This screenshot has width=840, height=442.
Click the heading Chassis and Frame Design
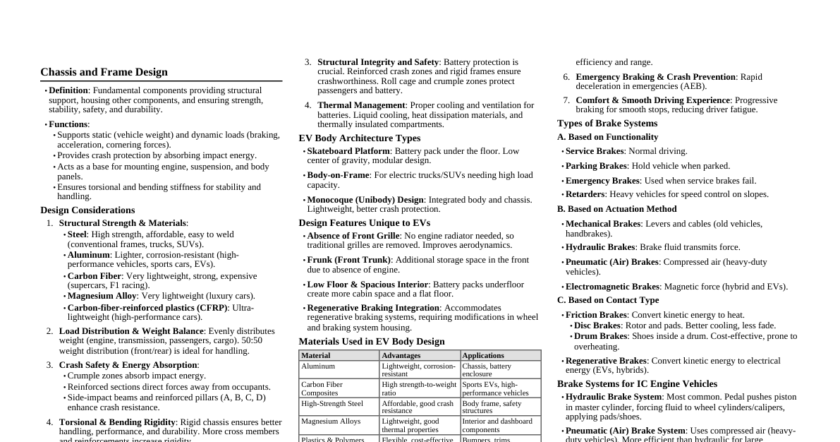pyautogui.click(x=104, y=72)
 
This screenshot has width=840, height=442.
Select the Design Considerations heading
pyautogui.click(x=87, y=210)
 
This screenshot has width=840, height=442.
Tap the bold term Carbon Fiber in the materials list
pyautogui.click(x=95, y=276)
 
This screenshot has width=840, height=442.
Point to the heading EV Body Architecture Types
pyautogui.click(x=359, y=138)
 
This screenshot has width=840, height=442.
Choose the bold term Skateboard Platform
pyautogui.click(x=348, y=151)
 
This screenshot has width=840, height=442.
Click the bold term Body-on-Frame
pyautogui.click(x=338, y=175)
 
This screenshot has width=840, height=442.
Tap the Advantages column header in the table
pyautogui.click(x=401, y=356)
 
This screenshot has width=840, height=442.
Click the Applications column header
pyautogui.click(x=483, y=356)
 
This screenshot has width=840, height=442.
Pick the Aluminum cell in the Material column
pyautogui.click(x=318, y=366)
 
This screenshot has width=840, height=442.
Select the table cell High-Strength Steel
pyautogui.click(x=332, y=404)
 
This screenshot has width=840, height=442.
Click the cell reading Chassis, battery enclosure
pyautogui.click(x=487, y=370)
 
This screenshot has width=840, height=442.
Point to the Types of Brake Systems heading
pyautogui.click(x=607, y=124)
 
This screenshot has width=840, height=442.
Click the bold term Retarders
pyautogui.click(x=585, y=194)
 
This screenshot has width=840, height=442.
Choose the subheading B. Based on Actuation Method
pyautogui.click(x=616, y=209)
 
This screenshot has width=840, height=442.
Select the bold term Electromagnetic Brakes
pyautogui.click(x=612, y=287)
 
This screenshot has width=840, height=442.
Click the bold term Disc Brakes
pyautogui.click(x=597, y=325)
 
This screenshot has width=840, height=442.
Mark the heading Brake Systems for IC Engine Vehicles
pyautogui.click(x=637, y=384)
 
